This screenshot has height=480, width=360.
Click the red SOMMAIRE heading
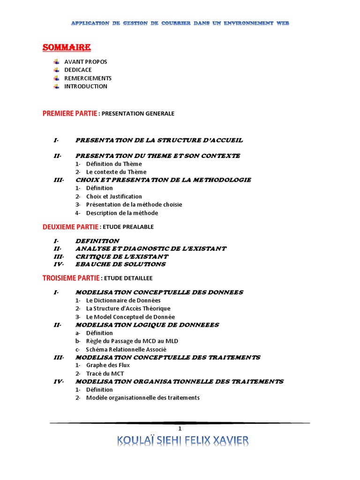point(67,47)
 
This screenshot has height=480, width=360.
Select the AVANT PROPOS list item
point(85,62)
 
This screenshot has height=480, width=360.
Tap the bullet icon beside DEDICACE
point(56,70)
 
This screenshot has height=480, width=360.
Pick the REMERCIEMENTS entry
point(88,78)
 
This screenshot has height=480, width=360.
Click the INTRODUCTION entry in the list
point(86,86)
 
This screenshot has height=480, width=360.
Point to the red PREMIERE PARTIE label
point(70,113)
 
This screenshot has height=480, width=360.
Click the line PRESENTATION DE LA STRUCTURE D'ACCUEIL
point(159,140)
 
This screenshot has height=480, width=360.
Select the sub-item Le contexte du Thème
point(116,172)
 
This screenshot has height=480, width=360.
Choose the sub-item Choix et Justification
point(114,196)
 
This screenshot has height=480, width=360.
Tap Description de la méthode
point(122,213)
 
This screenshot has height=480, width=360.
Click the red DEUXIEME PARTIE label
point(70,227)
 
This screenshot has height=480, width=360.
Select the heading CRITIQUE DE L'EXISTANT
point(121,256)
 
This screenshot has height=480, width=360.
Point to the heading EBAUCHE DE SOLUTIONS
point(120,264)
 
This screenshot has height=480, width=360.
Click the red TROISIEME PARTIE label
point(71,278)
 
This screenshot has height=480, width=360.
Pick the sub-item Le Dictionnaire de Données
point(123,300)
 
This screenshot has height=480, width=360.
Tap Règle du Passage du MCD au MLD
point(132,341)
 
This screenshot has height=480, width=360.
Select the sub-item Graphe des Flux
point(108,365)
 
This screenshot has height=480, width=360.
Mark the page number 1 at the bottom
point(180,429)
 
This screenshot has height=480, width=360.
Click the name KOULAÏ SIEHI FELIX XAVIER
point(183,441)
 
